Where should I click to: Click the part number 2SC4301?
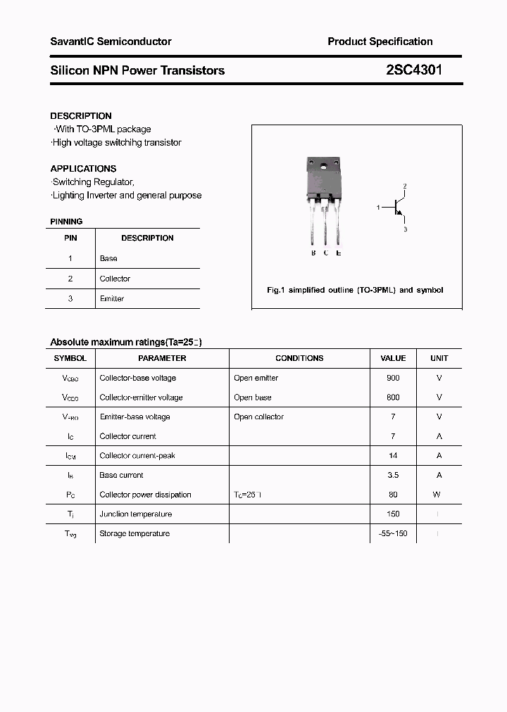[x=414, y=70]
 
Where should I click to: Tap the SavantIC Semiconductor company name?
[x=111, y=42]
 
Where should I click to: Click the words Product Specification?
[x=380, y=42]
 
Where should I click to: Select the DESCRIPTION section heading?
[x=81, y=115]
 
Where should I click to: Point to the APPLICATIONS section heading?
[x=83, y=169]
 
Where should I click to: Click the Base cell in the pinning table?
[x=108, y=258]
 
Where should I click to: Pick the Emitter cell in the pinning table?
[x=112, y=299]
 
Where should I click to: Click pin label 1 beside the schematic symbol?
[x=378, y=208]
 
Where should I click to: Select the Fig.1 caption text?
[x=355, y=290]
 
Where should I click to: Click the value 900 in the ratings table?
[x=393, y=378]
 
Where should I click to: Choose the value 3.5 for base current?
[x=393, y=475]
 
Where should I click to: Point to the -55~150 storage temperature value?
[x=393, y=533]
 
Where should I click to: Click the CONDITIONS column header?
[x=299, y=358]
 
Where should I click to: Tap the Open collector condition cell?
[x=258, y=417]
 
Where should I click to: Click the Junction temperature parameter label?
[x=135, y=514]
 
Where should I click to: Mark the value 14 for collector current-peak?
[x=393, y=455]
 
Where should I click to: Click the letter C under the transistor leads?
[x=325, y=253]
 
